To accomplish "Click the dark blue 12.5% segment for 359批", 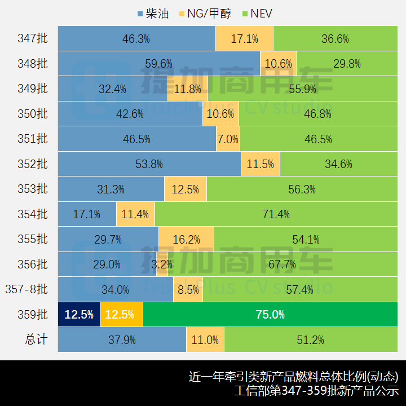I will (79, 315).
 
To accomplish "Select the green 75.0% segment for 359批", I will (270, 315).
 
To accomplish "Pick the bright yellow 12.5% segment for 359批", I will (122, 315).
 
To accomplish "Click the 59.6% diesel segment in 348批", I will (158, 64).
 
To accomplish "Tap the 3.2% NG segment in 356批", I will (162, 264).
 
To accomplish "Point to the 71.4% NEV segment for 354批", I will (276, 214).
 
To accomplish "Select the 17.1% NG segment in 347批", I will (244, 39).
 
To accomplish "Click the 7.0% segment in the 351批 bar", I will (228, 139).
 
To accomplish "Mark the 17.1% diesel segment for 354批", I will (87, 214).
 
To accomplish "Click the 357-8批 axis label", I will (27, 290).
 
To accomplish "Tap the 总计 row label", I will (36, 340).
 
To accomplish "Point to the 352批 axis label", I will (33, 164).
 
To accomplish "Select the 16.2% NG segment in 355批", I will (186, 240).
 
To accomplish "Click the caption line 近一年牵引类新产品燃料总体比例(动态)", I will (293, 376).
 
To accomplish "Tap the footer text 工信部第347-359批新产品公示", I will (316, 391).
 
